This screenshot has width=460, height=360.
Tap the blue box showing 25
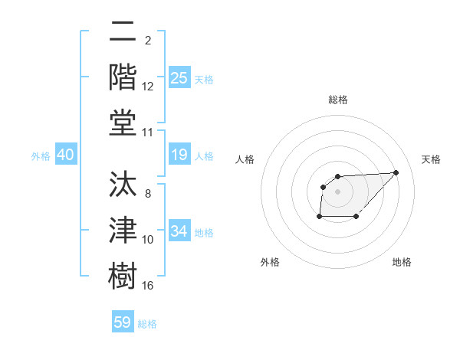pos(179,77)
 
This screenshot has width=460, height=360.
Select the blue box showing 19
pos(179,155)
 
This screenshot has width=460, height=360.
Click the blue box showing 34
pos(179,231)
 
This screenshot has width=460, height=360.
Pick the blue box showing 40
pos(65,155)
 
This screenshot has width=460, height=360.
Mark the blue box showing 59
pos(123,322)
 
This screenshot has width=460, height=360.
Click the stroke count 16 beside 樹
pos(148,286)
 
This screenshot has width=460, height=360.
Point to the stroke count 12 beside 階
pos(148,87)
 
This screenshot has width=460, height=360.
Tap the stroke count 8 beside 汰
pos(148,193)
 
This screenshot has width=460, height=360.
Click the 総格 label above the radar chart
pos(338,100)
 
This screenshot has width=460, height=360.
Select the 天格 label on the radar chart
pos(431,159)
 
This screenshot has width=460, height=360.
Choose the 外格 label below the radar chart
pos(270,262)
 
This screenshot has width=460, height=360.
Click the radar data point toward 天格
pos(396,172)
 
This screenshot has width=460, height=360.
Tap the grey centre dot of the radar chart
pos(338,191)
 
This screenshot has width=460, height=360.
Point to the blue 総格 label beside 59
pos(147,323)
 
